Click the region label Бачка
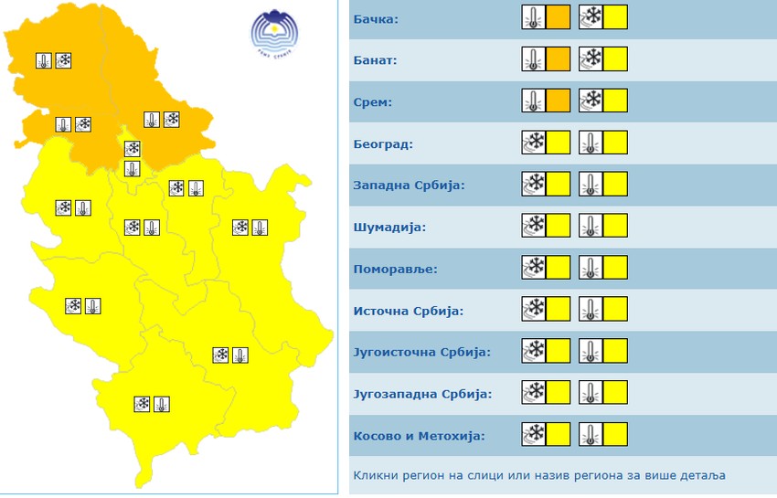point(375,18)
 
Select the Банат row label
point(375,60)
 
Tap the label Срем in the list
point(372,102)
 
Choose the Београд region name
point(383,143)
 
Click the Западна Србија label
point(409,185)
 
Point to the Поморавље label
point(395,269)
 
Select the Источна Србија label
point(408,311)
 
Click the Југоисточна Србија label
point(421,352)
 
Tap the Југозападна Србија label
point(422,394)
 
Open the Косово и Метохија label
point(419,436)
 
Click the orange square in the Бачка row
point(558,17)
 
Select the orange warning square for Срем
point(558,101)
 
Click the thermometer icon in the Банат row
point(533,59)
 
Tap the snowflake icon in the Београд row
point(533,143)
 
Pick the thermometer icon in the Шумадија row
point(591,227)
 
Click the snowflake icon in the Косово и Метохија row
point(533,435)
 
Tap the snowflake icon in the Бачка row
point(591,17)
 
